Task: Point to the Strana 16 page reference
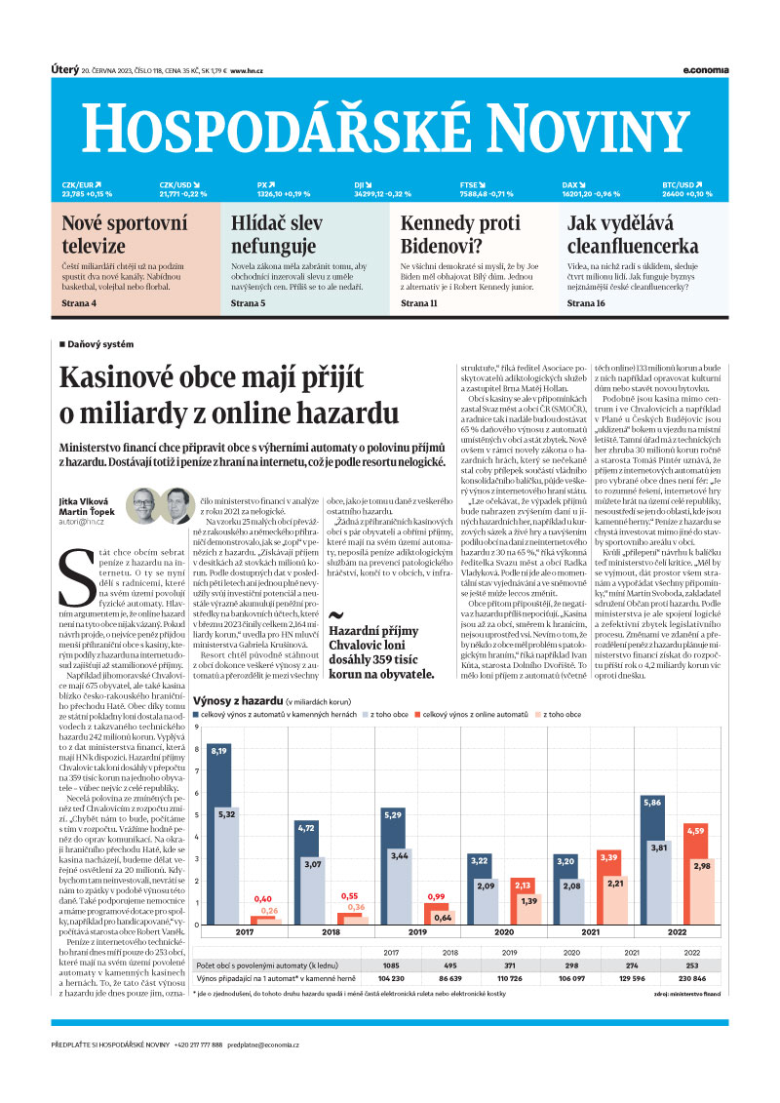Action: (586, 304)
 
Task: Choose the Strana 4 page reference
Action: (80, 304)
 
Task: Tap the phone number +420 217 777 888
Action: (198, 1044)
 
